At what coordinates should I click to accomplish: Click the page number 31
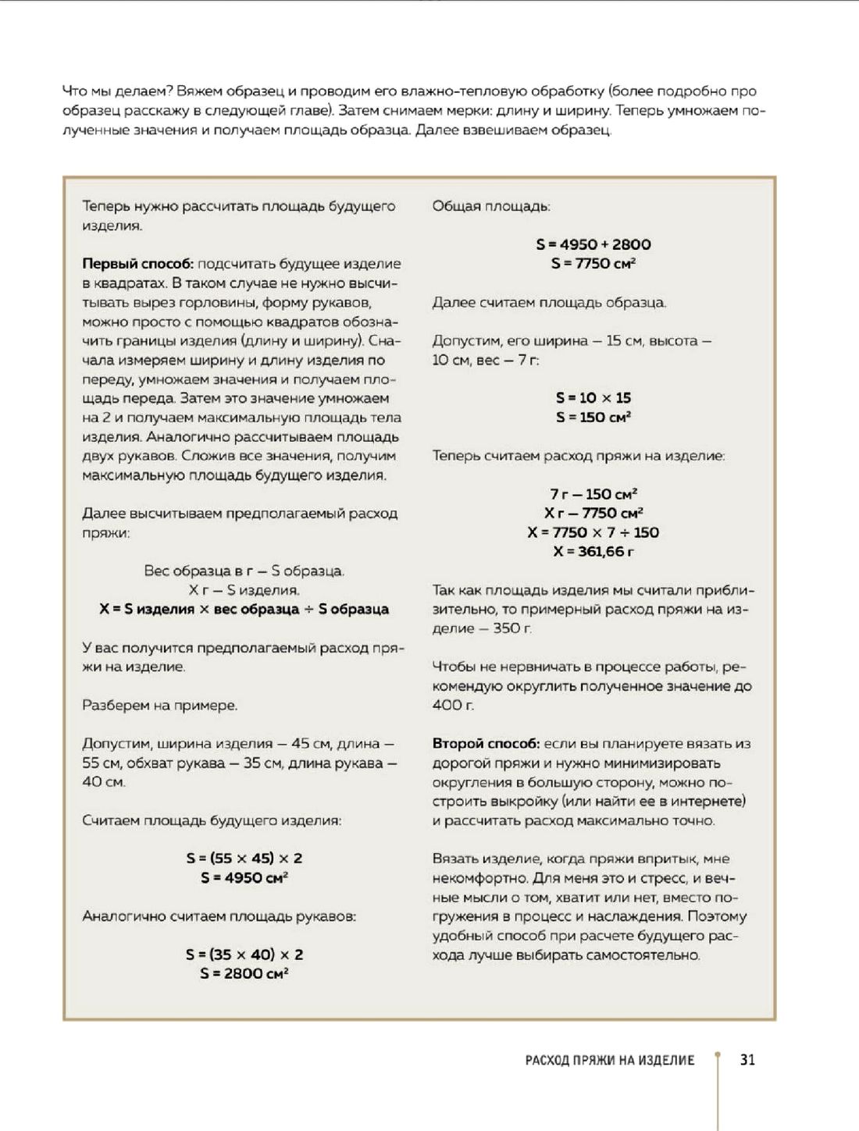click(x=747, y=1060)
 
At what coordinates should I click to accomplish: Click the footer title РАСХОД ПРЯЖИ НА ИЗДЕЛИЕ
click(x=609, y=1060)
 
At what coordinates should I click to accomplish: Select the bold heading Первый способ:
click(x=137, y=264)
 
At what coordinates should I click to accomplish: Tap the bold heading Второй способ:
click(x=486, y=744)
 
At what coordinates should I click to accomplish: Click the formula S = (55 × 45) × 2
click(x=244, y=858)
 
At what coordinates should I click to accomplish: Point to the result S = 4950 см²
click(x=244, y=877)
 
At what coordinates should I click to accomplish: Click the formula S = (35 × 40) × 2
click(x=244, y=954)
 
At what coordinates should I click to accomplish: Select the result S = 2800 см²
click(x=244, y=973)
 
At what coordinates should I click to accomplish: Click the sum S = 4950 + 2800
click(x=593, y=244)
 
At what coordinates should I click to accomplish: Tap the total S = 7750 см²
click(x=593, y=264)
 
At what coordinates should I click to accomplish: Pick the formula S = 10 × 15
click(x=593, y=397)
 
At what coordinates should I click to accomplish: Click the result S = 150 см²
click(x=593, y=417)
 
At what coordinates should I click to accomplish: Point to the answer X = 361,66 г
click(x=593, y=552)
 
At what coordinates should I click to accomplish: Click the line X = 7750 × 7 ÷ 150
click(x=593, y=532)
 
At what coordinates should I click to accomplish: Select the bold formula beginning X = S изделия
click(x=244, y=610)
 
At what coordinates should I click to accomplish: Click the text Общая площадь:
click(x=491, y=206)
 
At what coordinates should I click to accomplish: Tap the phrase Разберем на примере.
click(x=159, y=706)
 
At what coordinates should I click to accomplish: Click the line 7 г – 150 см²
click(x=593, y=494)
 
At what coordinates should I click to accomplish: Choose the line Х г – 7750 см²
click(x=593, y=513)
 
